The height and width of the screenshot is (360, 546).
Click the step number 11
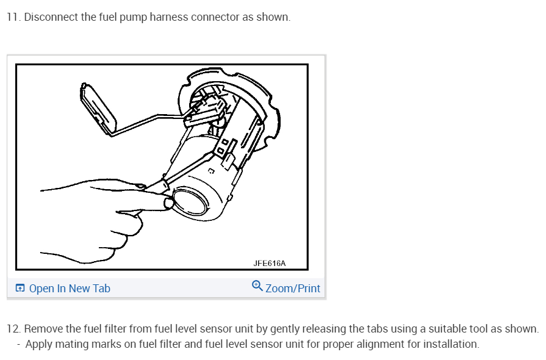point(12,17)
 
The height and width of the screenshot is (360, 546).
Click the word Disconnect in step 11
point(49,17)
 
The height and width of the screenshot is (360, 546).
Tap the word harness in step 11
point(167,17)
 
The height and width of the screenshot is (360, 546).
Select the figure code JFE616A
point(269,264)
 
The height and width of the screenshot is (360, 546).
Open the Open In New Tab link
point(70,289)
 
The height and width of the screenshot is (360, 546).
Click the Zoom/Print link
point(293,289)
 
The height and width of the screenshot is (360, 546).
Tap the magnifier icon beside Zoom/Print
point(257,287)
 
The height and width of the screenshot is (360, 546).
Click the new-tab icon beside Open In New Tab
point(20,289)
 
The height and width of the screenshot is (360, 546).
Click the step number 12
point(13,329)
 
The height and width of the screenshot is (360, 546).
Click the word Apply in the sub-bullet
point(39,344)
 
